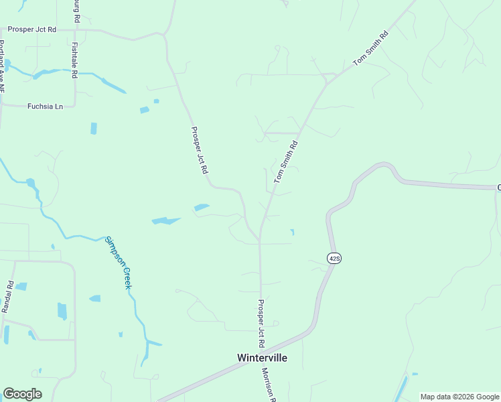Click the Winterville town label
262,358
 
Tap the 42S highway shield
334,258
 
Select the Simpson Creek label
118,262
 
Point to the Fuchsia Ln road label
45,106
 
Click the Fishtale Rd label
74,60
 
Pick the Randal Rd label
8,297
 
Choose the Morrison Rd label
269,386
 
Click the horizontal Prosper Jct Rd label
31,30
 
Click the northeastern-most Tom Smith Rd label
370,48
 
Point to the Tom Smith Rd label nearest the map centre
285,162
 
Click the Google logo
22,394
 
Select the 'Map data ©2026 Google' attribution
459,397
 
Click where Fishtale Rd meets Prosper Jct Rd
74,30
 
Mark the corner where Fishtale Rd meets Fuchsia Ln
74,105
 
